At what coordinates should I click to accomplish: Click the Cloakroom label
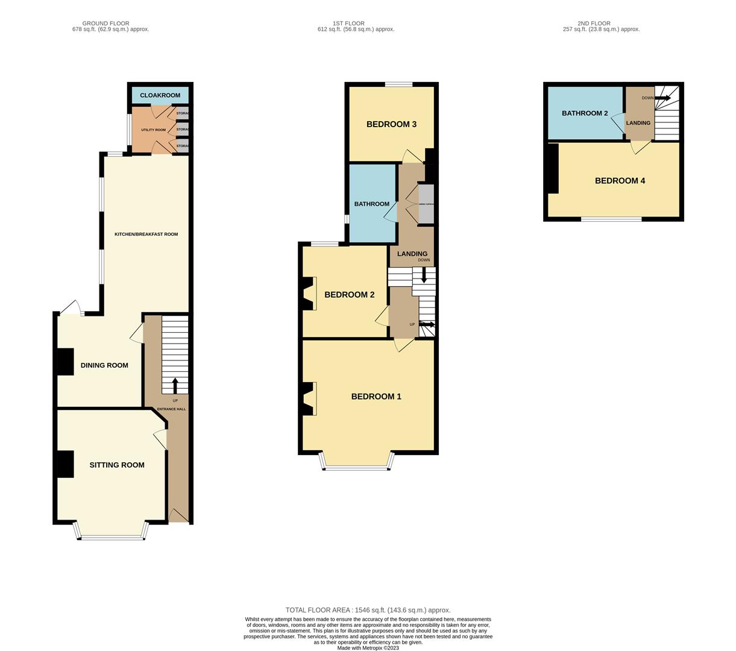pos(160,95)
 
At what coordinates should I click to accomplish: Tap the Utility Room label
pos(153,130)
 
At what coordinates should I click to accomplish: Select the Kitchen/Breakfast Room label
pos(146,234)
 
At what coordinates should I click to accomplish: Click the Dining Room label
pos(104,365)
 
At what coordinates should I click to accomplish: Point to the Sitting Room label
pos(117,465)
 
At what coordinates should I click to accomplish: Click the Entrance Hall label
pos(172,409)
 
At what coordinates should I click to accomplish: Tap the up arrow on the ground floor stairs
pos(175,385)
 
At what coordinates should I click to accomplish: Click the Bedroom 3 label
pos(392,124)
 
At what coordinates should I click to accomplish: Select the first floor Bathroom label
pos(371,204)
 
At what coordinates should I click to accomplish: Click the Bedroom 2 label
pos(350,295)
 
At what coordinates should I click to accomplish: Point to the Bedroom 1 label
pos(376,397)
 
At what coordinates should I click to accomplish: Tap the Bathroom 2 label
pos(585,113)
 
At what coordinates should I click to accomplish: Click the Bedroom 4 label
pos(620,181)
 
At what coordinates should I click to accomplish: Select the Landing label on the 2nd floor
pos(638,123)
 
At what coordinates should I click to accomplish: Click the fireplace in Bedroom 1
pos(308,399)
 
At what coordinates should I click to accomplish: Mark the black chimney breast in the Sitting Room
pos(64,464)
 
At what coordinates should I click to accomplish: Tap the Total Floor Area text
pos(368,610)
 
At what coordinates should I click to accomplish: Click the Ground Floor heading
pos(106,24)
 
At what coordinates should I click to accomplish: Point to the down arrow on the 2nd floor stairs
pos(662,98)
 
